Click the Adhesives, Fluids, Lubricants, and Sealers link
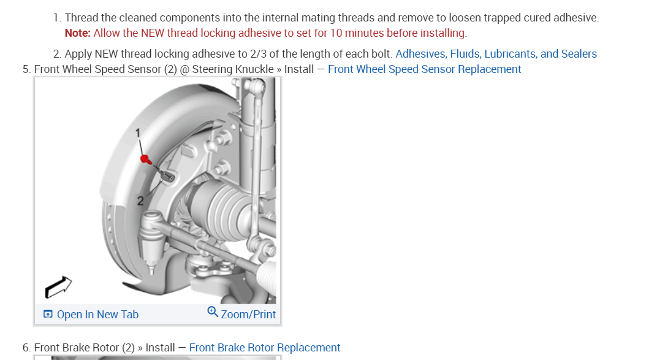(496, 54)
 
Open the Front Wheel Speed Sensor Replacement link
(424, 69)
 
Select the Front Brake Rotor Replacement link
(265, 348)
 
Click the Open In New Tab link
(97, 315)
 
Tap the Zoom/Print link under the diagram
(248, 315)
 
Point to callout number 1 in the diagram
(139, 133)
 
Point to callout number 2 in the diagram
(140, 200)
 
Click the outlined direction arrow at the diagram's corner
(58, 286)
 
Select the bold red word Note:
(77, 33)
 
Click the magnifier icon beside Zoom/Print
(213, 312)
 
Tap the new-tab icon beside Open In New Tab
(48, 315)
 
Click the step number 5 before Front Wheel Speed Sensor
(26, 69)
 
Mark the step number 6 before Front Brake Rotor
(26, 348)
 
